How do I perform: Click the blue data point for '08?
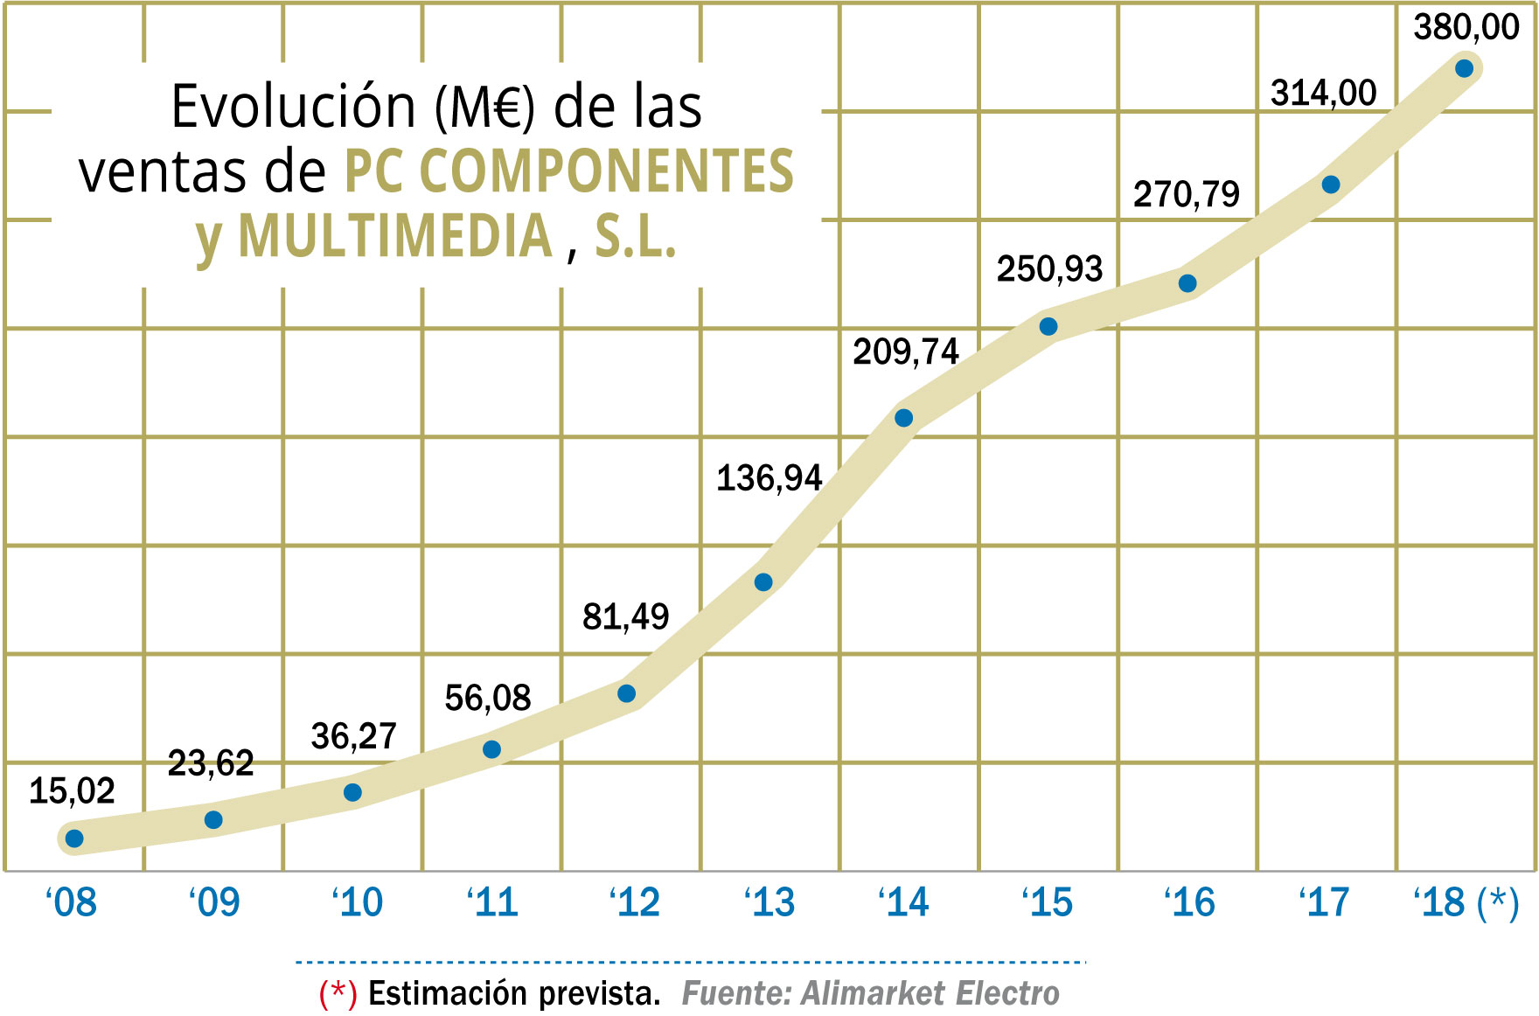pyautogui.click(x=74, y=839)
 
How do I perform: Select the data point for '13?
pyautogui.click(x=763, y=582)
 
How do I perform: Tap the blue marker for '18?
pyautogui.click(x=1465, y=68)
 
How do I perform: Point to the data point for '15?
pyautogui.click(x=1048, y=327)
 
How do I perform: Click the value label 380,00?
pyautogui.click(x=1466, y=27)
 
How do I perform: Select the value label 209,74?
pyautogui.click(x=906, y=351)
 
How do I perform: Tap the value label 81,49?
pyautogui.click(x=625, y=616)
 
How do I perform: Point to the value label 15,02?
pyautogui.click(x=72, y=790)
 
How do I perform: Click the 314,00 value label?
pyautogui.click(x=1323, y=93)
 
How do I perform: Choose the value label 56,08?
pyautogui.click(x=488, y=698)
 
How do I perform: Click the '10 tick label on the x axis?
pyautogui.click(x=357, y=902)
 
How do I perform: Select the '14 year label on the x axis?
pyautogui.click(x=903, y=902)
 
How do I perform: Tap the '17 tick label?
pyautogui.click(x=1324, y=902)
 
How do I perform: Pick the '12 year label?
pyautogui.click(x=634, y=902)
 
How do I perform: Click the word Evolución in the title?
pyautogui.click(x=293, y=107)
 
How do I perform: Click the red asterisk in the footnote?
pyautogui.click(x=338, y=992)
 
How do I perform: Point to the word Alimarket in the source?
pyautogui.click(x=873, y=993)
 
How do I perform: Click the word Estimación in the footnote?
pyautogui.click(x=447, y=993)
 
